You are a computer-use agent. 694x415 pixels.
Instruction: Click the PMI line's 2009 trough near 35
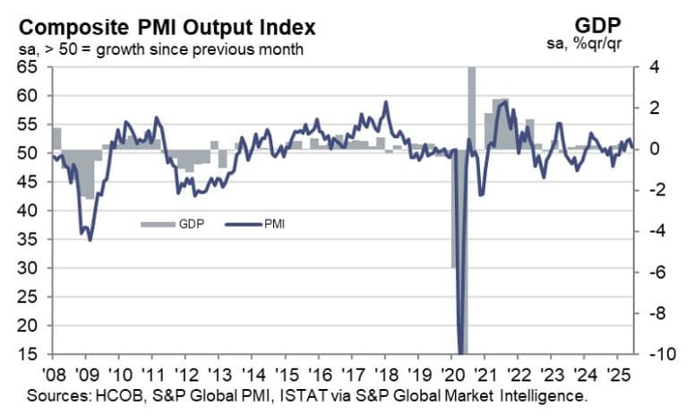(89, 238)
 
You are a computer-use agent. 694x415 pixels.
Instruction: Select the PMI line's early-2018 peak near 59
(385, 102)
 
